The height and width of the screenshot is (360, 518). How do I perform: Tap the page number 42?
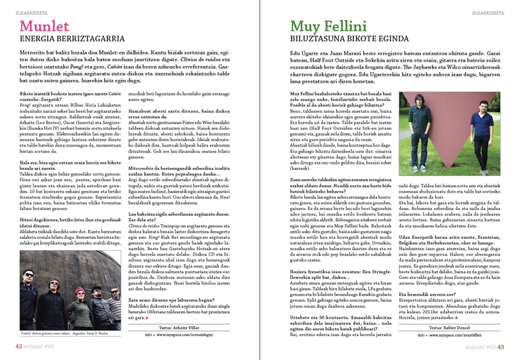coord(19,346)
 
